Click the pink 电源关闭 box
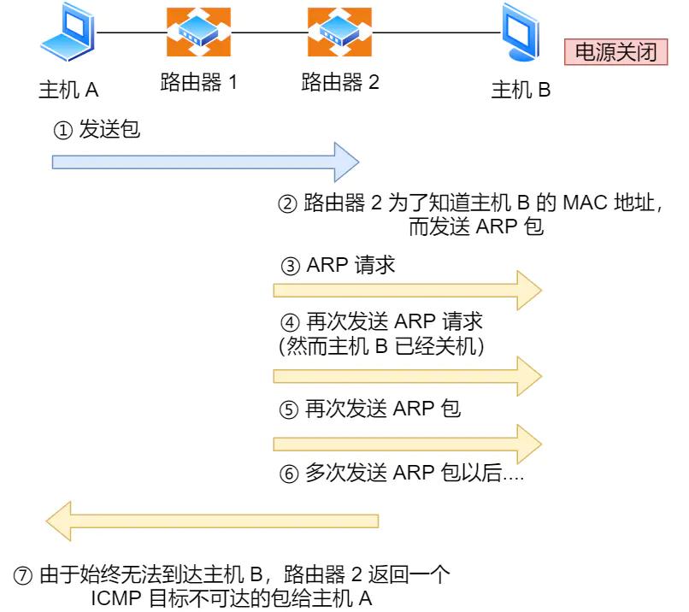(x=615, y=53)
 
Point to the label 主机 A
(x=69, y=90)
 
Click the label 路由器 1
(x=198, y=84)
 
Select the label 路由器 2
(x=339, y=84)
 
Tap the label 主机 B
(x=521, y=90)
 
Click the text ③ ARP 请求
(x=339, y=265)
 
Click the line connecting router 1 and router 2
(x=269, y=33)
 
